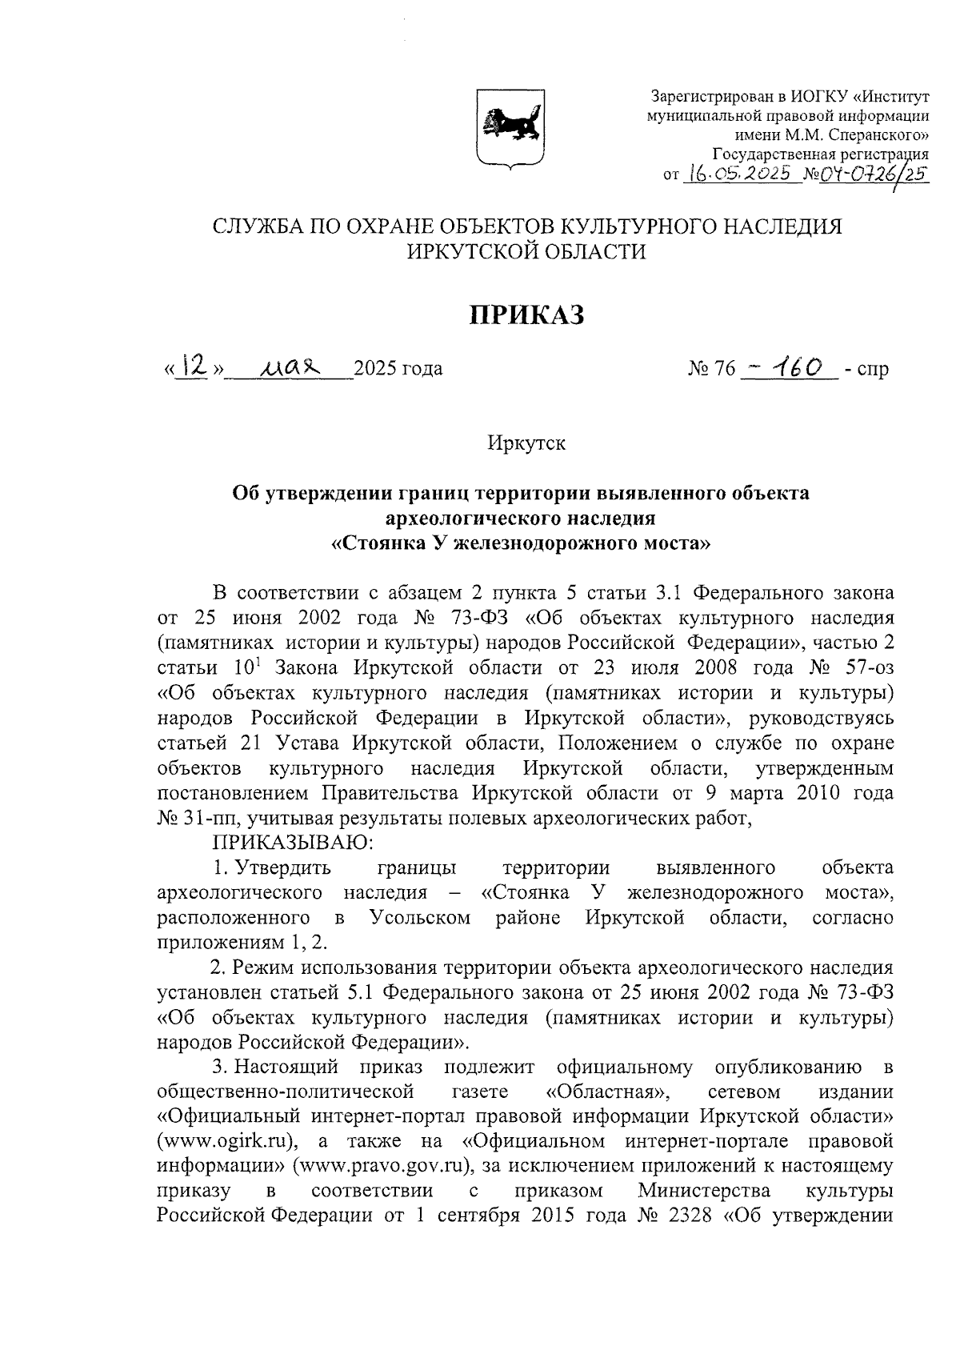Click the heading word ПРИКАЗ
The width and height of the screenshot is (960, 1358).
pyautogui.click(x=526, y=314)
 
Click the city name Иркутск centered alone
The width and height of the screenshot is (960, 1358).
pyautogui.click(x=526, y=443)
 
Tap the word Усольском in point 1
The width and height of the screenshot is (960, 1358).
pyautogui.click(x=421, y=917)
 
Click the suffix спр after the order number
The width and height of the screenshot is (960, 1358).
pyautogui.click(x=872, y=370)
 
